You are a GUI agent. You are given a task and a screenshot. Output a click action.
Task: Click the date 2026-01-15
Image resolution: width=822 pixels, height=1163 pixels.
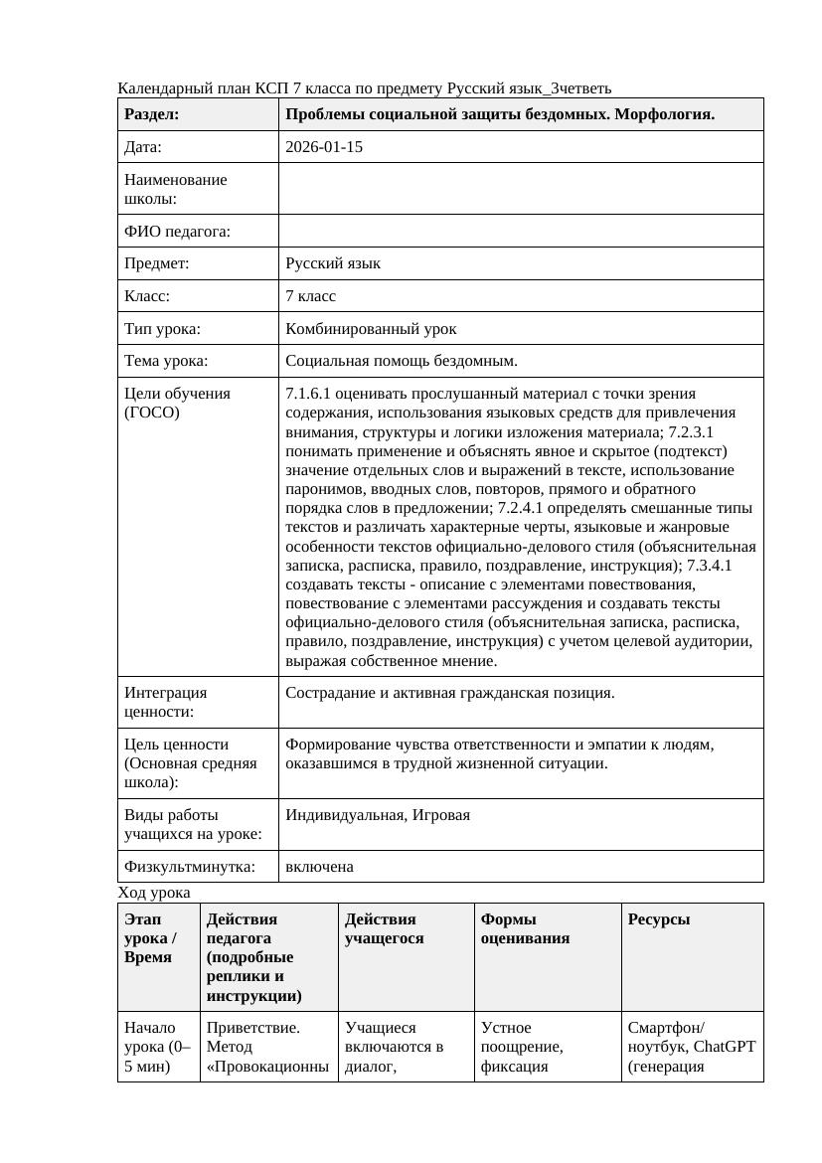(324, 147)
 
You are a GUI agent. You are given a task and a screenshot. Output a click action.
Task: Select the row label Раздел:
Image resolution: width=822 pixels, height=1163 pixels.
(152, 114)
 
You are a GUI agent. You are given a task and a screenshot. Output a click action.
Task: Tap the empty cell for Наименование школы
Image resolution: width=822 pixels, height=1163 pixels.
(521, 189)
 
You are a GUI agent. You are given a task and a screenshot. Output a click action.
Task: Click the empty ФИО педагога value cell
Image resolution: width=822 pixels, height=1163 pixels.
(521, 231)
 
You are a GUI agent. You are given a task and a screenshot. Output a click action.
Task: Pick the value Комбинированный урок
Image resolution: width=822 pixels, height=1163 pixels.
(371, 328)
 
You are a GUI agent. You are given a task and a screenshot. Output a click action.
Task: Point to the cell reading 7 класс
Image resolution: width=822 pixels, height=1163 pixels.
(311, 296)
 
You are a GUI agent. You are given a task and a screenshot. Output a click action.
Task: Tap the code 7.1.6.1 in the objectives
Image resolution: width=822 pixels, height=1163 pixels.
(309, 394)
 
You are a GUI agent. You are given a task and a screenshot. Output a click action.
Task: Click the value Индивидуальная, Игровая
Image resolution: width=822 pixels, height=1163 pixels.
(378, 815)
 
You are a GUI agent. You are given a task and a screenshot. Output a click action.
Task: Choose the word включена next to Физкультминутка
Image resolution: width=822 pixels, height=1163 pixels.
(319, 867)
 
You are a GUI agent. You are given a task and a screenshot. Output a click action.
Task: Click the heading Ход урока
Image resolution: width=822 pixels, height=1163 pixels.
(154, 893)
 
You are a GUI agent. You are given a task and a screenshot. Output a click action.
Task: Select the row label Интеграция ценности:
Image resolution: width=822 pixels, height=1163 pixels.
(166, 702)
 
